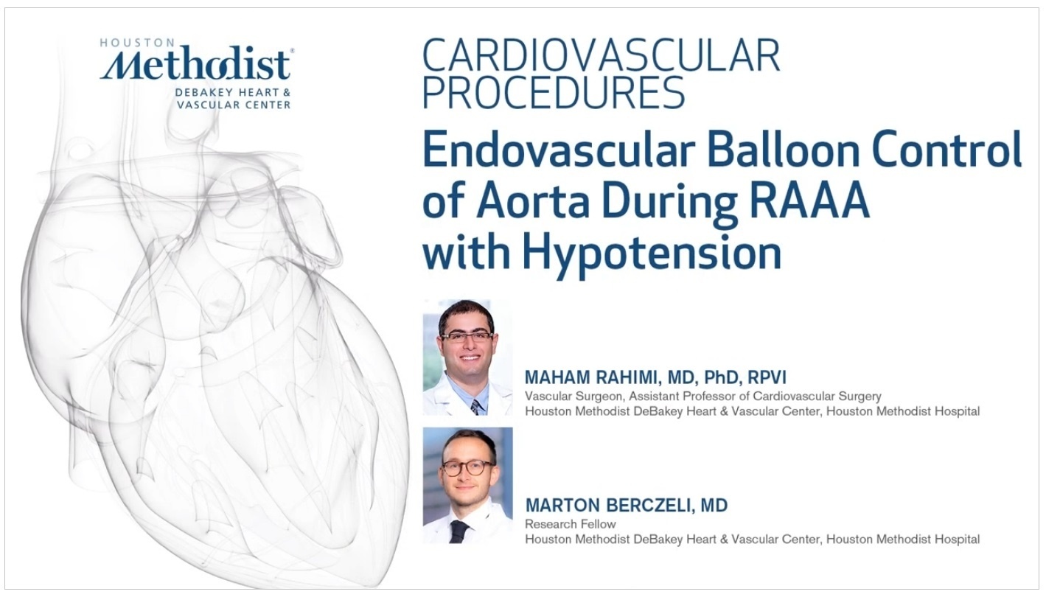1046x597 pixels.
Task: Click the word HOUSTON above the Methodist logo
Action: coord(130,43)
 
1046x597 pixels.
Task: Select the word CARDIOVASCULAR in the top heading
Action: coord(601,55)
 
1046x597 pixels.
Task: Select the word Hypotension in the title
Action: coord(652,254)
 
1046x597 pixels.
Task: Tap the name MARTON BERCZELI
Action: coord(607,505)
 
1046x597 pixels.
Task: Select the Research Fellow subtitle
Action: coord(570,524)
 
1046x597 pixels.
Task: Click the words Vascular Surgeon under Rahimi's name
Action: coord(574,397)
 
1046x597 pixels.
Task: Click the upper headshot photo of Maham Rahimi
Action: coord(467,357)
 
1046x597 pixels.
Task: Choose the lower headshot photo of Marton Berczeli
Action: coord(467,485)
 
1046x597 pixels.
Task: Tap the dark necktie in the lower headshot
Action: coord(459,532)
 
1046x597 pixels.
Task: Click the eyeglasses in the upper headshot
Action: coord(466,336)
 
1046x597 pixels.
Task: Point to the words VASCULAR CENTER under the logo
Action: coord(234,105)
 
